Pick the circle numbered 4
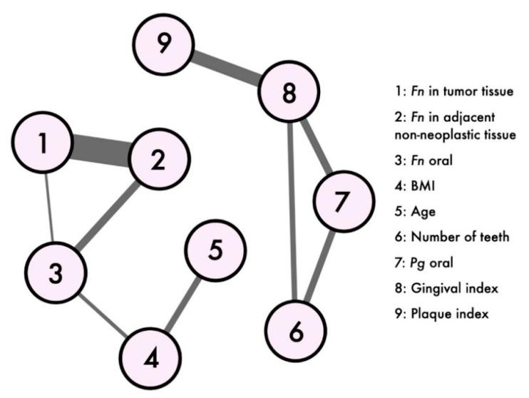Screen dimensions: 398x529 pyautogui.click(x=150, y=358)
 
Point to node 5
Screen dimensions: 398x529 pyautogui.click(x=215, y=250)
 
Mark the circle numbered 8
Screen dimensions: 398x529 pyautogui.click(x=288, y=93)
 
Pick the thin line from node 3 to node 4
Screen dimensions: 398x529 pyautogui.click(x=103, y=315)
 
